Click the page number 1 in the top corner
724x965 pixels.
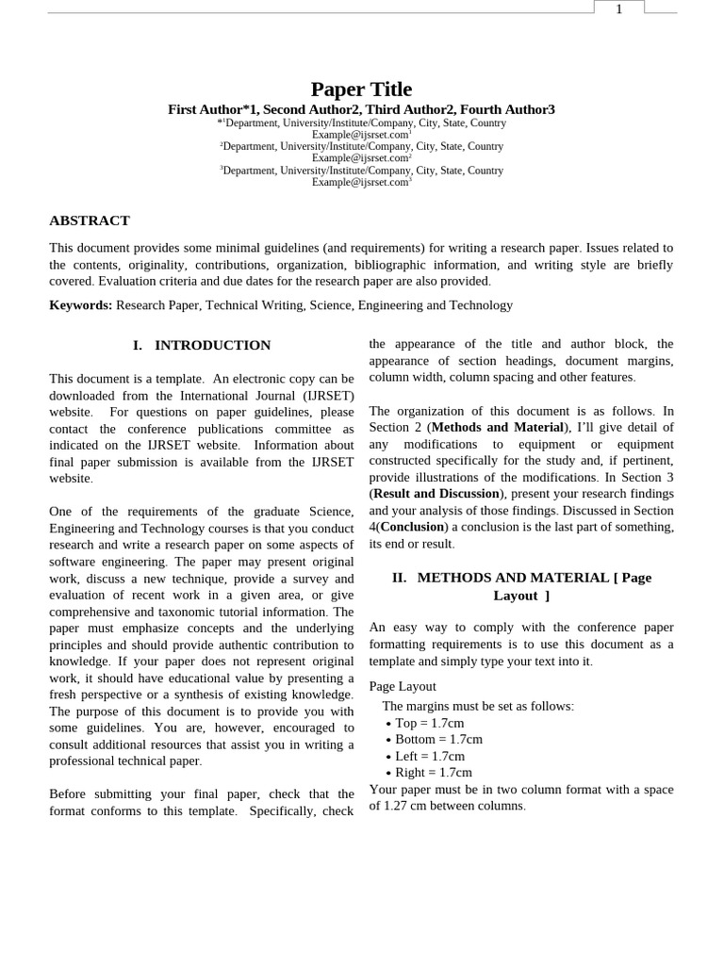pos(618,9)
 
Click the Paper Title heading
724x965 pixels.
pos(361,90)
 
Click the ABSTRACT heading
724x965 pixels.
pos(90,221)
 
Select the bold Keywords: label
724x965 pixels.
pos(80,305)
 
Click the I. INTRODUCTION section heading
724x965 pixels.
pos(202,346)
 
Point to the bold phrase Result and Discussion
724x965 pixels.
pos(436,494)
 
